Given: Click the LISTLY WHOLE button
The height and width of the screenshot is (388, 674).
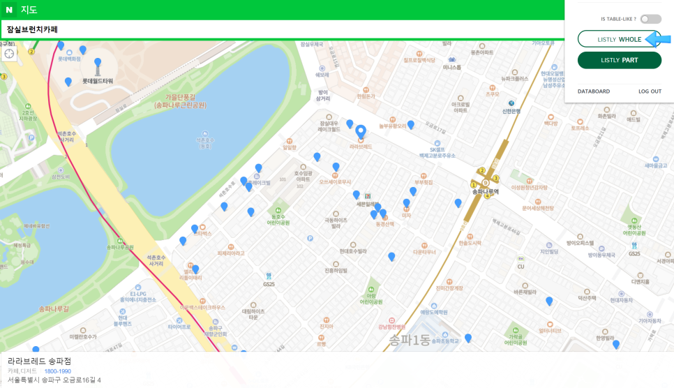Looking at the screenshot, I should tap(619, 39).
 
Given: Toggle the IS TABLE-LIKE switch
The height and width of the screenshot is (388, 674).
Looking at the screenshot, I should tap(650, 19).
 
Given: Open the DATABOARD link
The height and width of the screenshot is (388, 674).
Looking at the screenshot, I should tap(593, 91).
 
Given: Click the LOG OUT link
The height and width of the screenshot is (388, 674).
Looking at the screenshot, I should tap(650, 91).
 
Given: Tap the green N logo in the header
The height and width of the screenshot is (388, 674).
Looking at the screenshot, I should tap(9, 10).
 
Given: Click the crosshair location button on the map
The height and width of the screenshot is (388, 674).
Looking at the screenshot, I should tap(9, 54).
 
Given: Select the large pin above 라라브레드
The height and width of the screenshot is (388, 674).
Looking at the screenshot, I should tap(361, 131).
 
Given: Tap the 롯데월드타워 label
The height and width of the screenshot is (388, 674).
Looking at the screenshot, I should tap(98, 81).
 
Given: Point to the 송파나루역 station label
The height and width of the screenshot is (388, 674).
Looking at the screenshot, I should tap(486, 191).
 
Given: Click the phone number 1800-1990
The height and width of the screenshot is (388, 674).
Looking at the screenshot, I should tap(57, 371).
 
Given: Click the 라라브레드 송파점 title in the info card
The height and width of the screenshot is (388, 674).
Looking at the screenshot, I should tap(40, 361).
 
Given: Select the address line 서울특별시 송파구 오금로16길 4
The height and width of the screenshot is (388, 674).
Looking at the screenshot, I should tap(54, 380).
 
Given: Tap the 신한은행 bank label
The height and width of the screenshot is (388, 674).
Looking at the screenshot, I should tap(511, 110).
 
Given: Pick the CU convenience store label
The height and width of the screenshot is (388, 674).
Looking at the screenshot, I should tap(521, 267).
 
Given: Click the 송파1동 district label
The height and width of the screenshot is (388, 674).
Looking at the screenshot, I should tap(410, 341).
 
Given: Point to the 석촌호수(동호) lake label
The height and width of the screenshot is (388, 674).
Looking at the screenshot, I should tap(204, 142).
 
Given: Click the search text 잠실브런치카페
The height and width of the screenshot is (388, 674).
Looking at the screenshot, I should tap(32, 29).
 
